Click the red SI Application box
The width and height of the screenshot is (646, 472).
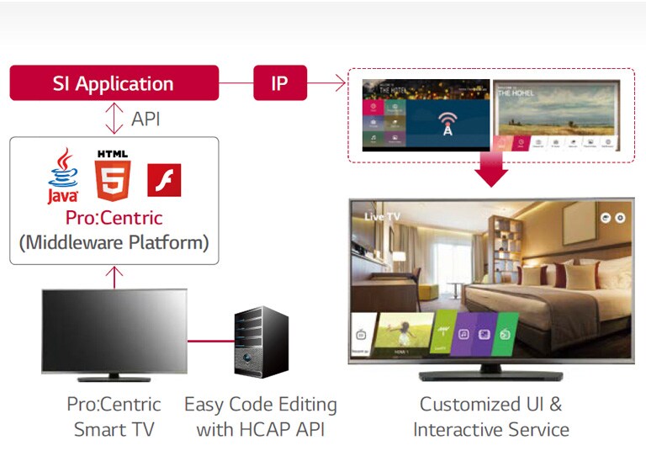pyautogui.click(x=114, y=83)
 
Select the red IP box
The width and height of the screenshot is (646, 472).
pyautogui.click(x=280, y=83)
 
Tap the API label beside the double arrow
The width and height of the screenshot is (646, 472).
pyautogui.click(x=146, y=119)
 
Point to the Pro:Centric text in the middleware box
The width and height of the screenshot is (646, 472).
pyautogui.click(x=114, y=218)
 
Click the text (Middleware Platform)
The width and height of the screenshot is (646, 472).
pyautogui.click(x=114, y=242)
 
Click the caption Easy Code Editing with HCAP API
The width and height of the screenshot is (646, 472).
pyautogui.click(x=261, y=416)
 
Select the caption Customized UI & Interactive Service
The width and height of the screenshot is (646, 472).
pyautogui.click(x=491, y=416)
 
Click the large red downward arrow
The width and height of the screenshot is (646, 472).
pyautogui.click(x=491, y=171)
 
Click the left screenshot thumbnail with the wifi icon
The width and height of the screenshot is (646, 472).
pyautogui.click(x=426, y=115)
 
